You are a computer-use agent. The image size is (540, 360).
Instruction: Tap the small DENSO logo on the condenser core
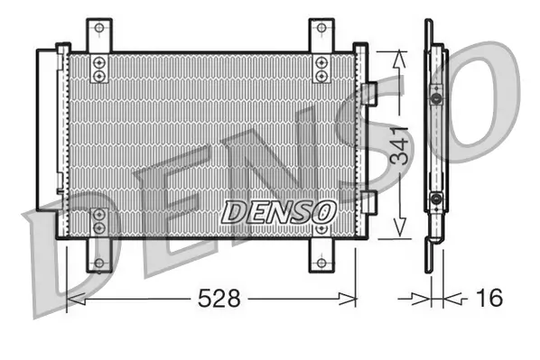278,211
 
